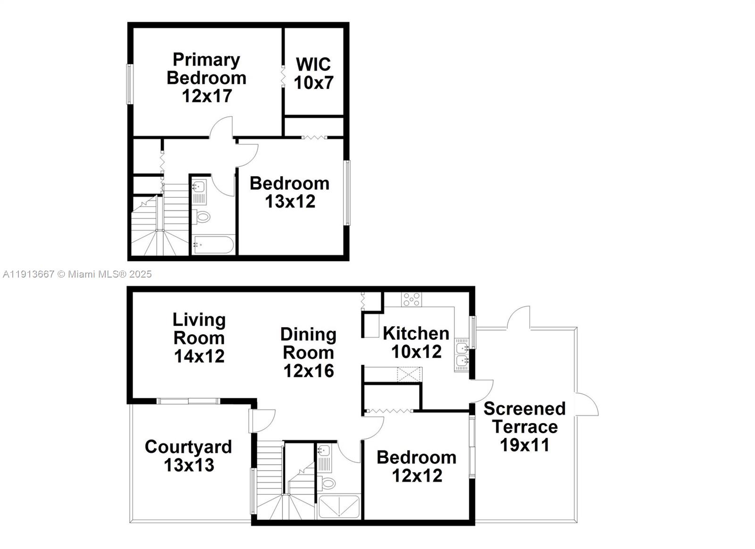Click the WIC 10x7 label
click(x=313, y=73)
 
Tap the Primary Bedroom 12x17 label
click(x=207, y=77)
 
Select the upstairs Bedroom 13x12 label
click(x=289, y=192)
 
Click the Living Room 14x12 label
click(x=199, y=338)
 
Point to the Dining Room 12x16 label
click(x=308, y=352)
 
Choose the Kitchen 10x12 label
click(x=416, y=342)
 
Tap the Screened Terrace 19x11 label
click(x=524, y=426)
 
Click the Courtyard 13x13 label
click(x=188, y=456)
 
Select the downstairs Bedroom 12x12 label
click(x=417, y=466)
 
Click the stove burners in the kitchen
click(x=411, y=299)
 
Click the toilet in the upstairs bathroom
click(x=203, y=217)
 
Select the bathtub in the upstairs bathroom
click(x=212, y=245)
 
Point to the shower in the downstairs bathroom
click(x=339, y=506)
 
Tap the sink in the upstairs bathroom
click(x=199, y=186)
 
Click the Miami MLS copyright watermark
click(x=77, y=274)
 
